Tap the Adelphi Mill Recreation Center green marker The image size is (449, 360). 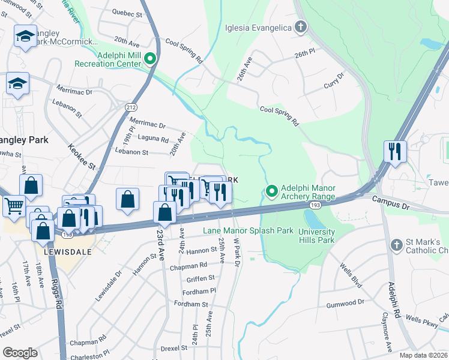pos(150,59)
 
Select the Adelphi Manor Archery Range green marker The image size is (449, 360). pos(271,192)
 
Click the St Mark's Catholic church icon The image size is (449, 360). pos(396,245)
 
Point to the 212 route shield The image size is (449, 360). pos(131,107)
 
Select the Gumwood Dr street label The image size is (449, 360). pos(345,303)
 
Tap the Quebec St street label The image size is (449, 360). pos(128,13)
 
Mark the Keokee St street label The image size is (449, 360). pos(82,155)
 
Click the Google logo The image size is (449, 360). pos(20,353)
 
